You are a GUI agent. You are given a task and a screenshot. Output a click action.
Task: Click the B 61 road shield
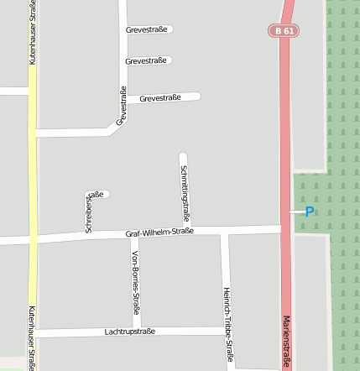pos(284,30)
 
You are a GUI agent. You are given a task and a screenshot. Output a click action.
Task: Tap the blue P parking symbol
pos(310,212)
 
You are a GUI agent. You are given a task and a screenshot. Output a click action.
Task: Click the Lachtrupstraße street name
pos(130,332)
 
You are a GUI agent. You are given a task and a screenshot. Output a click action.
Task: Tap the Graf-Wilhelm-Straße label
pos(159,232)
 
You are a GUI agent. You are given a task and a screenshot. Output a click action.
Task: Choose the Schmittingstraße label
pos(184,194)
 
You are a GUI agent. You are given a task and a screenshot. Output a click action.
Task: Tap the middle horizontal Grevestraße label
pos(145,60)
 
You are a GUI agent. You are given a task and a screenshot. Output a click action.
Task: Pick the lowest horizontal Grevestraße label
pos(160,98)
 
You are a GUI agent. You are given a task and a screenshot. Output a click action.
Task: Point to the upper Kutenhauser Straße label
pos(33,34)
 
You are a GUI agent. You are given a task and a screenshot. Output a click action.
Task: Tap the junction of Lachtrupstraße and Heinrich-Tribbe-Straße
pos(227,332)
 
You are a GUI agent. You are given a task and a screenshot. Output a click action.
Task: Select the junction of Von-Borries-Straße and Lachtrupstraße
pos(136,332)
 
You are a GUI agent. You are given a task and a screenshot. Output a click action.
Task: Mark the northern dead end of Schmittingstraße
pos(183,155)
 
